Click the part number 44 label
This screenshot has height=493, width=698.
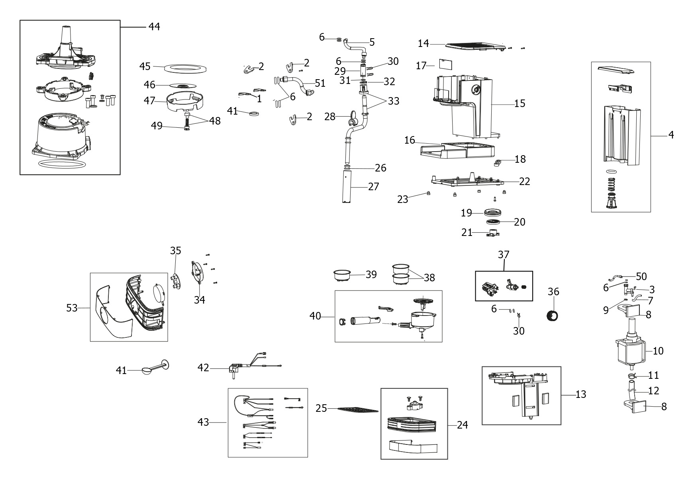click(154, 27)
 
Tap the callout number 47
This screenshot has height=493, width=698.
click(149, 101)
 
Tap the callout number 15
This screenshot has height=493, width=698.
click(520, 103)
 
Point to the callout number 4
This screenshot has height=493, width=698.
click(671, 135)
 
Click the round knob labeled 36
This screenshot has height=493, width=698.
click(552, 316)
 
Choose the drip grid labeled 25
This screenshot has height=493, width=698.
click(357, 409)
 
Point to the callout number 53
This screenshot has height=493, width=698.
click(72, 308)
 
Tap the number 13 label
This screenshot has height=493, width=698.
click(581, 394)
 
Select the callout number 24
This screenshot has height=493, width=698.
click(462, 425)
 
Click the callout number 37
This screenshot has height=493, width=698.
click(504, 254)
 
